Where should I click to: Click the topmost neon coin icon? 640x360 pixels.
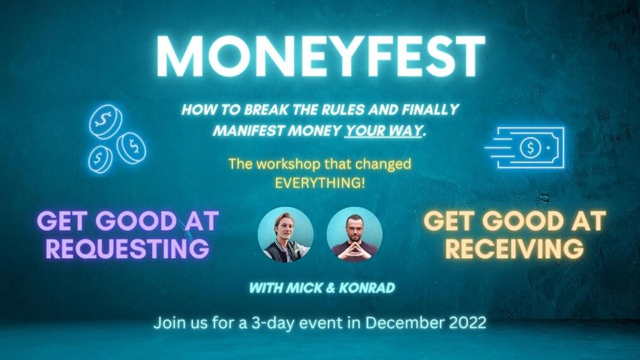[105, 121]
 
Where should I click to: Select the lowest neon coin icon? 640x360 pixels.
[101, 159]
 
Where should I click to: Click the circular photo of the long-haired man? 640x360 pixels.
[285, 234]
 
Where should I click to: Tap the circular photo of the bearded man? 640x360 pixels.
[354, 234]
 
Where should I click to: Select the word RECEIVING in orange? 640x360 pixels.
[514, 248]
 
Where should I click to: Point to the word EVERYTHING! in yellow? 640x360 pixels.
[319, 181]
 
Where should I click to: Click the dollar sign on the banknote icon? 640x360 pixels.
[530, 148]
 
